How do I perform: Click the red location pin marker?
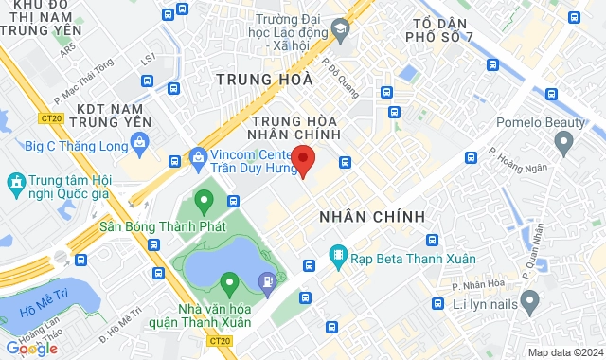303,160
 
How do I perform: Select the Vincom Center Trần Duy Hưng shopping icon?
197,156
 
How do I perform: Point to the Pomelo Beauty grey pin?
564,145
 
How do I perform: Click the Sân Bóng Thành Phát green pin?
202,201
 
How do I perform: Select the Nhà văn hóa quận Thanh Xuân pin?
228,282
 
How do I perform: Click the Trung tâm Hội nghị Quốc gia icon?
15,180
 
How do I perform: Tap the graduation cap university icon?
338,30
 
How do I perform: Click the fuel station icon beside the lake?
269,280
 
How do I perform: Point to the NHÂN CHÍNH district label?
372,217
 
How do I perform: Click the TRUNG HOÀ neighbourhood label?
264,80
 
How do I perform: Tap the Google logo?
31,348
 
